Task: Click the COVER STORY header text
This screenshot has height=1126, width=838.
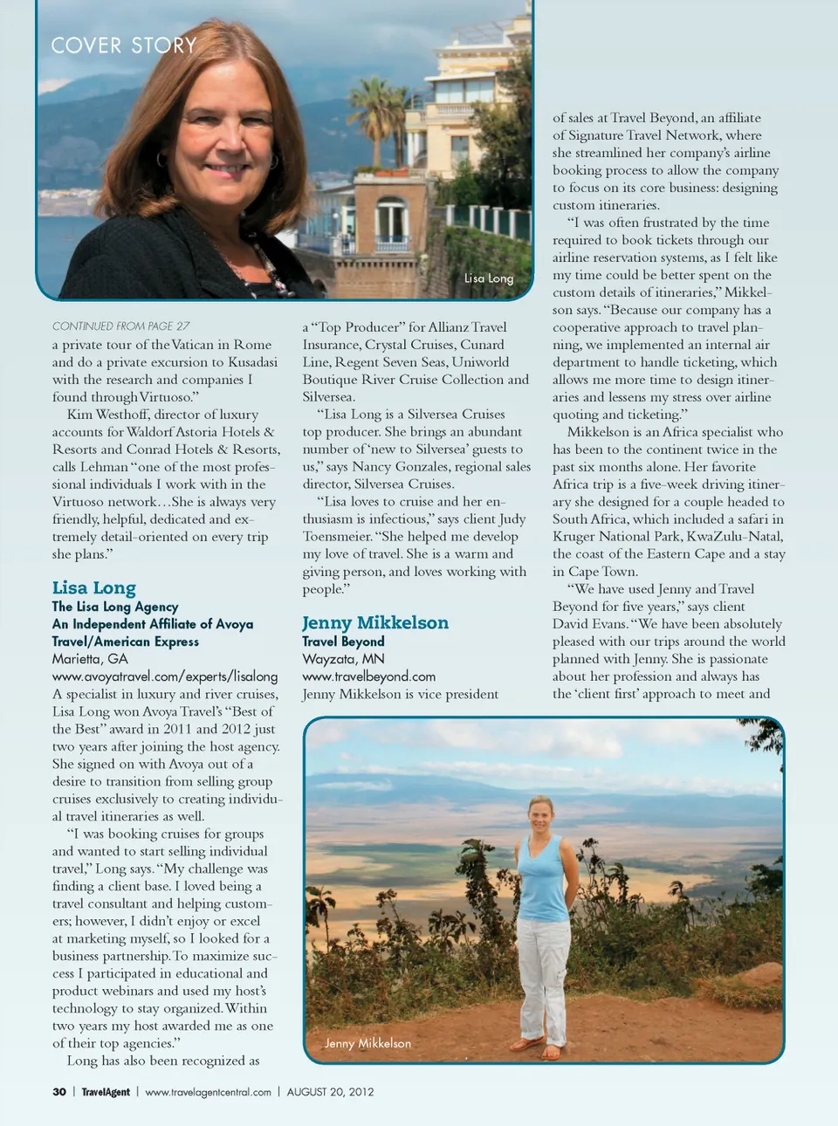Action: tap(124, 45)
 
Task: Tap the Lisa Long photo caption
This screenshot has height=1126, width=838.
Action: tap(489, 278)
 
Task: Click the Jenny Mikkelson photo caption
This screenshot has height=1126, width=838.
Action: tap(367, 1043)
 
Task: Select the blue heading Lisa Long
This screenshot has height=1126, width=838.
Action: tap(94, 588)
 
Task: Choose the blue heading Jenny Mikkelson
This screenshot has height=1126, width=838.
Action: tap(375, 623)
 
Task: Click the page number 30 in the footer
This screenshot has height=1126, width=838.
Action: tap(59, 1092)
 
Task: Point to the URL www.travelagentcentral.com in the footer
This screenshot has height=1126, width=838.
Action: tap(208, 1092)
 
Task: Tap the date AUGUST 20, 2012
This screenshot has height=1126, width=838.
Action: tap(330, 1092)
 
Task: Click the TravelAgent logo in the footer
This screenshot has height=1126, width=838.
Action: tap(106, 1092)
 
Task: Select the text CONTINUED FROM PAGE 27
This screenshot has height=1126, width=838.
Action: tap(120, 326)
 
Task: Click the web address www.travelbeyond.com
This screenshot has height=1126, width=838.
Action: tap(368, 676)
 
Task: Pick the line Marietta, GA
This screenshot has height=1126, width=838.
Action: tap(90, 659)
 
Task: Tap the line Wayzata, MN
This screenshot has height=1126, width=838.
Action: tap(343, 659)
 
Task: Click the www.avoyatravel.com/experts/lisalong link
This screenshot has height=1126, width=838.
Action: tap(165, 676)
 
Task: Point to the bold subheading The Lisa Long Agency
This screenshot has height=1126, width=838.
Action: tap(115, 607)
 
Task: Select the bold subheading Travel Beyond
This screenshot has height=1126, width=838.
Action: tap(343, 642)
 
